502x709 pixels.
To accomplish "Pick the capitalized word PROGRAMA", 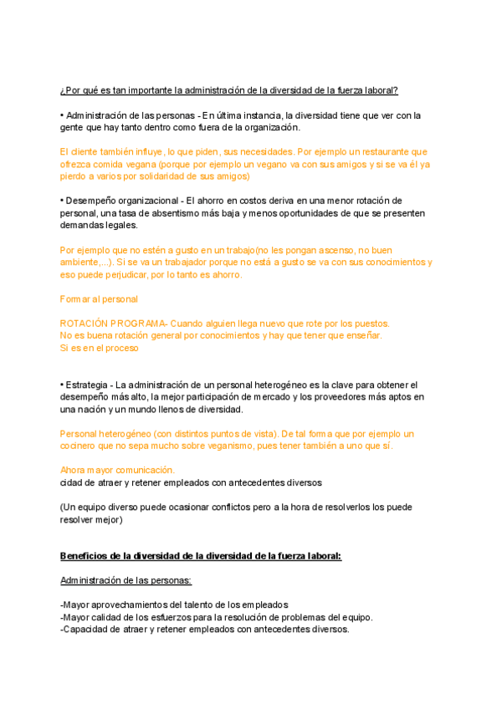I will (x=141, y=323).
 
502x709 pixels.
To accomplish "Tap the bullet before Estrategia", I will (x=63, y=384).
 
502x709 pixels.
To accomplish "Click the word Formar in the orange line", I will (x=74, y=298).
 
